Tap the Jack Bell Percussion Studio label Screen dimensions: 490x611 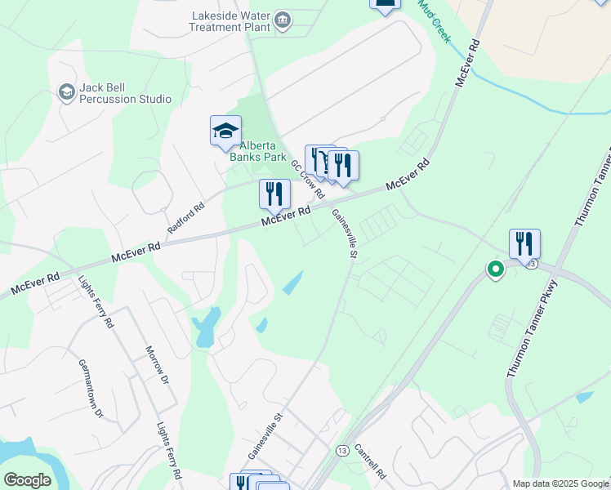click(125, 93)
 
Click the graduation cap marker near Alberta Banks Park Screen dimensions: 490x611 click(225, 131)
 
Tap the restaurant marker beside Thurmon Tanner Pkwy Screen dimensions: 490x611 click(524, 243)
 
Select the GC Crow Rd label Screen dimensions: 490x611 click(308, 179)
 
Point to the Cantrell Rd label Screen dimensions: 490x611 click(370, 461)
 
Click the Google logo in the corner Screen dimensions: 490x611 click(27, 480)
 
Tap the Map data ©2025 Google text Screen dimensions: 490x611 click(560, 483)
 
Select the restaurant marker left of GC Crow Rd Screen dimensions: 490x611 click(274, 194)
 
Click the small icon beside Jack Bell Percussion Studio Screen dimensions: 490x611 click(65, 92)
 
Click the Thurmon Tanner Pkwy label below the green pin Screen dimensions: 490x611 click(531, 329)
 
